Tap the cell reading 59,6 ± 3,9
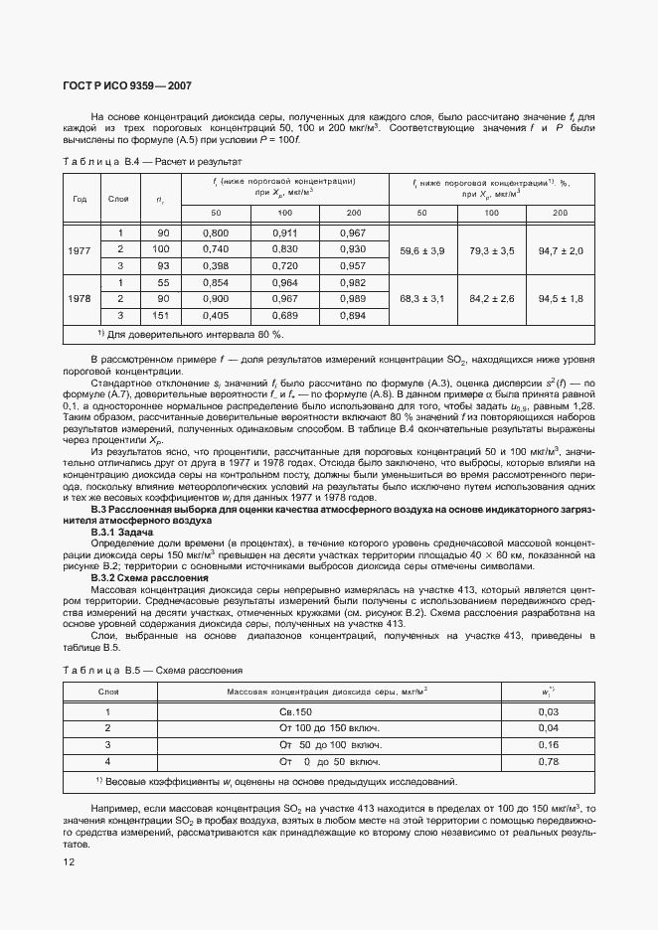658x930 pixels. point(421,249)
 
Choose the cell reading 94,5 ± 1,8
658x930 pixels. point(561,299)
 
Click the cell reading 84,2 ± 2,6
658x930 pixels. point(491,299)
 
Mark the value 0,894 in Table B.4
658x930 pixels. point(352,316)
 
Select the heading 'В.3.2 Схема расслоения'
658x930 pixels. point(149,577)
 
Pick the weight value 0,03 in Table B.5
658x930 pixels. point(548,711)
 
